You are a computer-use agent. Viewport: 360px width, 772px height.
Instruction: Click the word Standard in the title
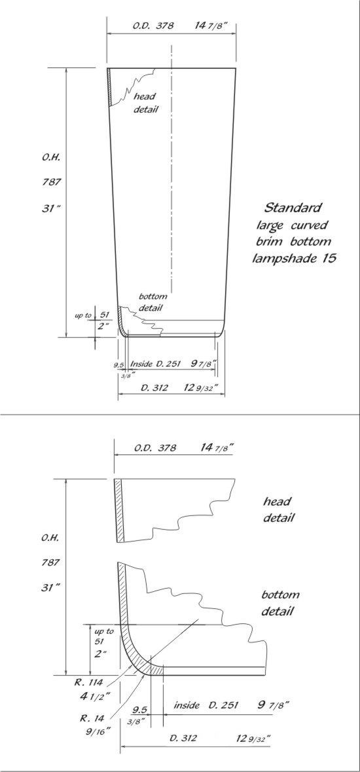tap(293, 207)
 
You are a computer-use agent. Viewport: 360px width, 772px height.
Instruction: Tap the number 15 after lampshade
tap(329, 257)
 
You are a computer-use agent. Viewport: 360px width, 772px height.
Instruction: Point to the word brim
tap(270, 241)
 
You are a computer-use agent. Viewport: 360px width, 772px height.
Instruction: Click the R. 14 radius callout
tap(90, 718)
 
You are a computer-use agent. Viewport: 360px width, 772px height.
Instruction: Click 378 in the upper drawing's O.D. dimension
tap(164, 26)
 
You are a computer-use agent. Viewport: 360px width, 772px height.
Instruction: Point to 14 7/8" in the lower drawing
tap(217, 447)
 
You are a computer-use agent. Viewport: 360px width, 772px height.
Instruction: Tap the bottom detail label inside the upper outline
tap(152, 303)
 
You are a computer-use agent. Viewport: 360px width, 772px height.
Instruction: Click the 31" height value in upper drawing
tap(50, 208)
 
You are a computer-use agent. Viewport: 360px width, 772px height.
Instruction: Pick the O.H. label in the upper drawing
tap(50, 158)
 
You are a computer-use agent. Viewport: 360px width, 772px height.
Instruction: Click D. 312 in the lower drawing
tap(183, 738)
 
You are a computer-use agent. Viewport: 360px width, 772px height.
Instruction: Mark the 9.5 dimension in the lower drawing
tap(140, 710)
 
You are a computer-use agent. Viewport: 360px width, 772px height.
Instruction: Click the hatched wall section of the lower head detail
tap(118, 510)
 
